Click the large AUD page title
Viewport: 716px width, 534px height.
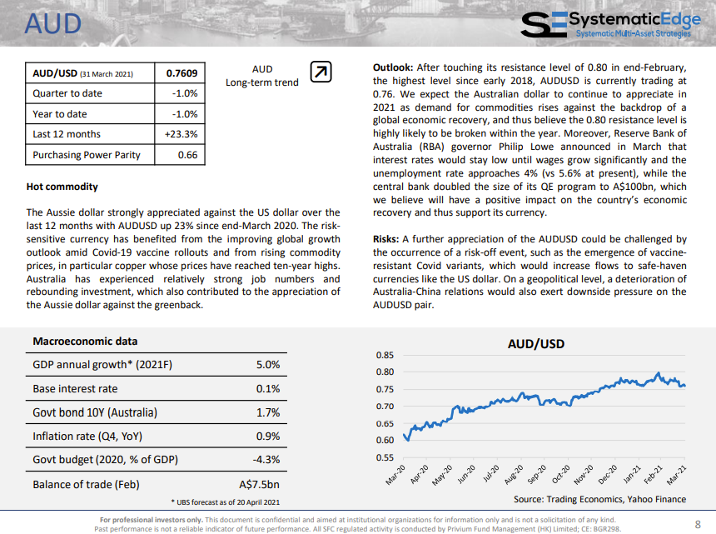(53, 24)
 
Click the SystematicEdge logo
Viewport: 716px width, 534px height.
(610, 25)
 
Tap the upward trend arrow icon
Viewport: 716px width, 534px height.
(321, 72)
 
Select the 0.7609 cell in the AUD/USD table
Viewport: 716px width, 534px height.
(181, 73)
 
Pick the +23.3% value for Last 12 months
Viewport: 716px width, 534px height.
(181, 134)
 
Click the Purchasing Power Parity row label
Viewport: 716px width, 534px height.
(87, 155)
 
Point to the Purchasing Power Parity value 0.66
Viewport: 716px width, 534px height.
(187, 155)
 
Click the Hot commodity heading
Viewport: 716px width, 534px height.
(62, 187)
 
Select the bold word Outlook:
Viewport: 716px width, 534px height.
(393, 67)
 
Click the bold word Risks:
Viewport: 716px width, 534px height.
(385, 239)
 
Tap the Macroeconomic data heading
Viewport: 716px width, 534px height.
(85, 342)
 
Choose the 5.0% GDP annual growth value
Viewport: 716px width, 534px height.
(268, 365)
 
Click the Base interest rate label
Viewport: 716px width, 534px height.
(75, 389)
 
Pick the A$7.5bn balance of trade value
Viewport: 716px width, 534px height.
(260, 484)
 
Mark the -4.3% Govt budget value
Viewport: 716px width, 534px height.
(266, 460)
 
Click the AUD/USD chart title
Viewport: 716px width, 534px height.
(536, 344)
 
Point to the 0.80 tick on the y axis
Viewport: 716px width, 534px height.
(385, 372)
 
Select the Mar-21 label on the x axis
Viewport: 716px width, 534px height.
(677, 475)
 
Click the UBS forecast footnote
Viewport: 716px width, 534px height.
(226, 502)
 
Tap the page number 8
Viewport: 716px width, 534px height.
(698, 524)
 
